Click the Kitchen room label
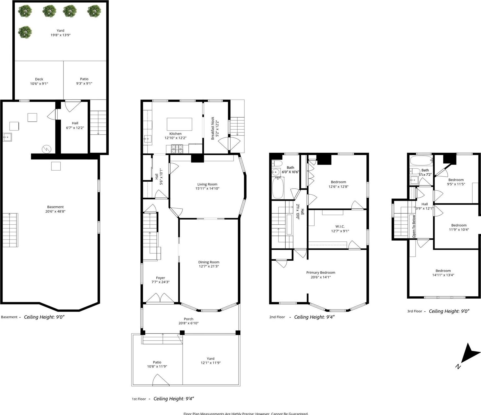(x=175, y=134)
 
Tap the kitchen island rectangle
(x=179, y=124)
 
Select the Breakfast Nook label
(x=213, y=128)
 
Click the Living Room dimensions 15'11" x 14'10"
(x=207, y=189)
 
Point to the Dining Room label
(x=209, y=262)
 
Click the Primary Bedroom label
(x=321, y=272)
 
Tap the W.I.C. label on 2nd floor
(x=340, y=226)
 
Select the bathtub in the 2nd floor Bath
(x=278, y=188)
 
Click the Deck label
(x=39, y=79)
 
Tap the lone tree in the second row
(x=25, y=32)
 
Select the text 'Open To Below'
(x=414, y=226)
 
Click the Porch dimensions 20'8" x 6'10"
(x=188, y=323)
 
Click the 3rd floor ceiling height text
(x=449, y=311)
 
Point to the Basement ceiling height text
(x=44, y=317)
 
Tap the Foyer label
(x=161, y=278)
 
